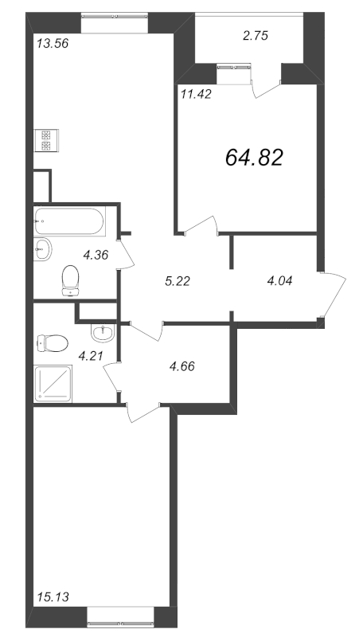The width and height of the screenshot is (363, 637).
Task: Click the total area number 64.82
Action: click(x=254, y=157)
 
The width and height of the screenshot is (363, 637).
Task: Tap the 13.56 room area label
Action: click(x=53, y=43)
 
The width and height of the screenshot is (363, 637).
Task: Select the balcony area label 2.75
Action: click(x=256, y=36)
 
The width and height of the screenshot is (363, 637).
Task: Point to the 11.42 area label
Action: click(x=196, y=95)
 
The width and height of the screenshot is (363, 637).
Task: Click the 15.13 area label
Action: click(x=53, y=597)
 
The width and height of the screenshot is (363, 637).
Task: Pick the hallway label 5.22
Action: click(x=178, y=281)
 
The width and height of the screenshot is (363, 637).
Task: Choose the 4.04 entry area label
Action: click(x=279, y=281)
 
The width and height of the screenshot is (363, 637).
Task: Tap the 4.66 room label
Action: click(x=182, y=366)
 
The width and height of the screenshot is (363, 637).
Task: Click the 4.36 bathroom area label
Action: click(x=96, y=255)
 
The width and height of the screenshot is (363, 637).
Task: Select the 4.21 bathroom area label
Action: click(x=91, y=356)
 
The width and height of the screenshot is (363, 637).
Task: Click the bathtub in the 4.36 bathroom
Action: click(x=69, y=221)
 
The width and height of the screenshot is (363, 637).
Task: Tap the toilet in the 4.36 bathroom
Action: click(x=71, y=279)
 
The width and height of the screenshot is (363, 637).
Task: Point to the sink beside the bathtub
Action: click(x=42, y=249)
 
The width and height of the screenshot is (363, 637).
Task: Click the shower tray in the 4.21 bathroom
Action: click(x=53, y=384)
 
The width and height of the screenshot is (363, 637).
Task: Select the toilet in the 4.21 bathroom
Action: click(x=52, y=343)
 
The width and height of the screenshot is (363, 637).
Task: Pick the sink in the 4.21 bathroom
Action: click(x=103, y=333)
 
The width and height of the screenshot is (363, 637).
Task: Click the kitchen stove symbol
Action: click(x=46, y=140)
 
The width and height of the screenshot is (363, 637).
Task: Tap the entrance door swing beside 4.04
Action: click(x=333, y=295)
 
